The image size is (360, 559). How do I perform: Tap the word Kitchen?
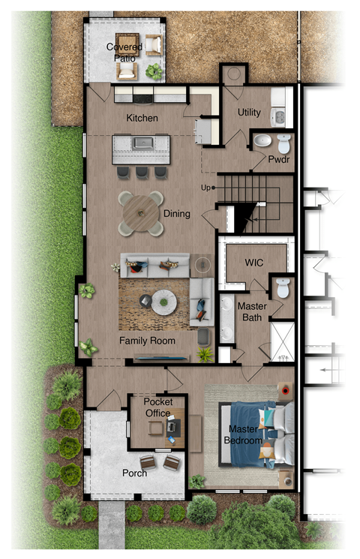[142, 119]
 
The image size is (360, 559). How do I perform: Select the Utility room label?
[249, 112]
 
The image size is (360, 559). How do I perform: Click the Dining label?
[176, 214]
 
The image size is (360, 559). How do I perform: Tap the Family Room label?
[147, 341]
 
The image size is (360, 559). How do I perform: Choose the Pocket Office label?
[158, 407]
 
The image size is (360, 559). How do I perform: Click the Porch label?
[134, 473]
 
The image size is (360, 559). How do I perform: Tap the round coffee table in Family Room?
[163, 303]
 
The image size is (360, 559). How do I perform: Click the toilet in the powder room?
[283, 142]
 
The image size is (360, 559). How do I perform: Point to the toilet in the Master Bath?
[282, 287]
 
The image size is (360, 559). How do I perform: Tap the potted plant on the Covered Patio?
[154, 72]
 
